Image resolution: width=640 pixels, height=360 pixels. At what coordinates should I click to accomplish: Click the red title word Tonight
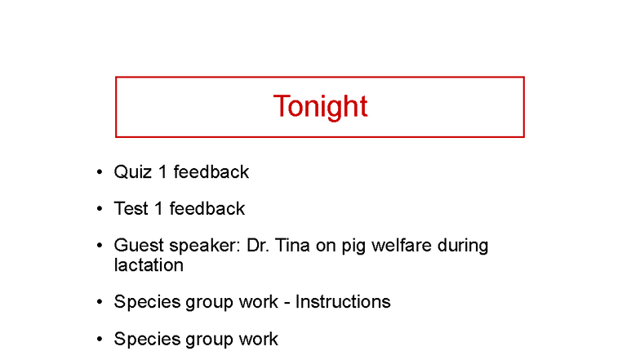click(x=320, y=107)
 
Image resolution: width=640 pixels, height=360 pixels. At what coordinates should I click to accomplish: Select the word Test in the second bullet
click(x=131, y=209)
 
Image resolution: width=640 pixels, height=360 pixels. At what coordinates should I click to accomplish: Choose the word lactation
click(x=149, y=265)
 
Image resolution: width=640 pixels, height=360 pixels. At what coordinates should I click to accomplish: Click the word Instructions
click(x=343, y=302)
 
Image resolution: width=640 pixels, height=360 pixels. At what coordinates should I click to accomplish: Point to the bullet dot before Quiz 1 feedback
click(x=99, y=172)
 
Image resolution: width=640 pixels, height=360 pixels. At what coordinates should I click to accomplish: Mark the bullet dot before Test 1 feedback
click(x=99, y=209)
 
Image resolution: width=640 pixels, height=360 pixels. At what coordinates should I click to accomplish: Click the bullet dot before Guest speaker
click(x=99, y=246)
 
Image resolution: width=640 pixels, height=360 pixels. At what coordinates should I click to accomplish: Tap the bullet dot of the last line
click(x=99, y=339)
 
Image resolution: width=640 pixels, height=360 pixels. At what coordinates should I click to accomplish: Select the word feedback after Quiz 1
click(x=211, y=172)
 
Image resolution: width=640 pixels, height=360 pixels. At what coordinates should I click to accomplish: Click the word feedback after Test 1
click(x=207, y=209)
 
